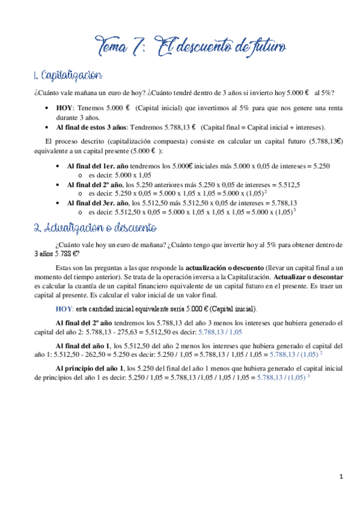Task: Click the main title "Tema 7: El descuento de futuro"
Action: (x=192, y=46)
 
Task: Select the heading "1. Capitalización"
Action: (x=68, y=76)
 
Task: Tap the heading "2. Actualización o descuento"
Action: (x=95, y=229)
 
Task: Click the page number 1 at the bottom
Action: (x=340, y=479)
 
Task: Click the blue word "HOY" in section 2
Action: (x=64, y=309)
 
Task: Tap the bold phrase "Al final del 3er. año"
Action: (x=97, y=203)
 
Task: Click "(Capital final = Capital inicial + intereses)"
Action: (x=263, y=127)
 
